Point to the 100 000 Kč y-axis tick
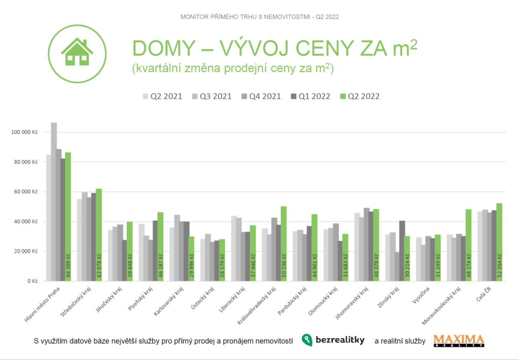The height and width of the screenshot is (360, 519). point(24,132)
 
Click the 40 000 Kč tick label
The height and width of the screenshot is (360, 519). point(26,222)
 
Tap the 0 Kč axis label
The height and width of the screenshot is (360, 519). point(31,281)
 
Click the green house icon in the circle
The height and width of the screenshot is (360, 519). point(77,52)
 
